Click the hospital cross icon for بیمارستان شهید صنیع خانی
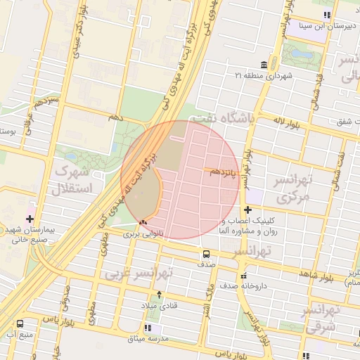pos(30,219)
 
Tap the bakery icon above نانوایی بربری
pos(143,221)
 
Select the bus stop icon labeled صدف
pos(206,254)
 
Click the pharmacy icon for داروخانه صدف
pos(243,276)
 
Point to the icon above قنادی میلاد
pos(159,295)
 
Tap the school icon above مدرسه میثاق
pos(148,328)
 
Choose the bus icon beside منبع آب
pos(19,323)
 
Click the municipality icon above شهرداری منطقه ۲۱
pos(263,64)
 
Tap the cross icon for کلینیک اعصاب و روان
pos(247,210)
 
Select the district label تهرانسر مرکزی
pos(303,188)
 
